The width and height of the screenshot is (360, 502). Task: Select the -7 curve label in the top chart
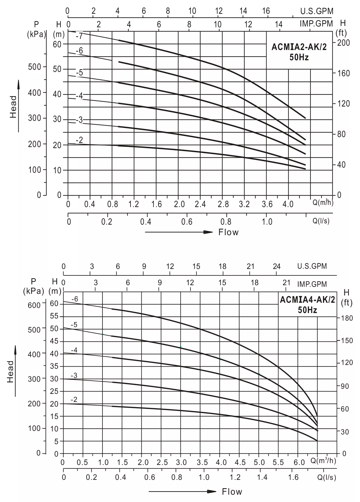point(79,36)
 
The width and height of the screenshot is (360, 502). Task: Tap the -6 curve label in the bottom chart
point(75,299)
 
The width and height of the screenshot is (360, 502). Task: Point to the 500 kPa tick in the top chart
point(35,67)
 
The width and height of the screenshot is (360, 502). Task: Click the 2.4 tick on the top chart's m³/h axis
point(200,204)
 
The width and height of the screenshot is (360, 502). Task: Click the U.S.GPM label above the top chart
point(317,11)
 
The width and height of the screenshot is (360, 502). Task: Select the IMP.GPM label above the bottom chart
point(312,284)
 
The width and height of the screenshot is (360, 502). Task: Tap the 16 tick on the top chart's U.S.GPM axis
point(266,11)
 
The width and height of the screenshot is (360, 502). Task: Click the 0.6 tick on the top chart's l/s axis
point(187,222)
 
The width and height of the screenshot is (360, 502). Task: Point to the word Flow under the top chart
point(228,232)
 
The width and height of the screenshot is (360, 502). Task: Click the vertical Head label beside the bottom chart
point(10,371)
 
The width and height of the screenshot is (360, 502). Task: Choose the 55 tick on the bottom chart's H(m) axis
point(54,316)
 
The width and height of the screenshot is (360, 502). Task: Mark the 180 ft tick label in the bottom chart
point(347,318)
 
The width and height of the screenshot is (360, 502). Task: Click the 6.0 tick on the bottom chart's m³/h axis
point(299,463)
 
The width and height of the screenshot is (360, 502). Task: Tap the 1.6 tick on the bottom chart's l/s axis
point(293,477)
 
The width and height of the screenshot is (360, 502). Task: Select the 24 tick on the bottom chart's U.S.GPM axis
point(276,266)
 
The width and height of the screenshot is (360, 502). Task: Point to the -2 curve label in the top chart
point(79,140)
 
